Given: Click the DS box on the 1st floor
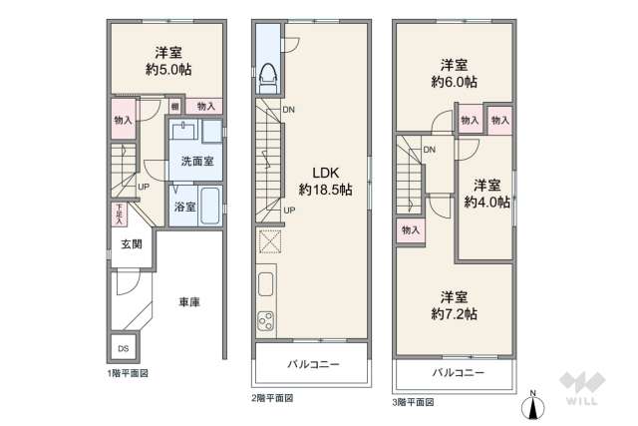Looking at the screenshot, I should [124, 349].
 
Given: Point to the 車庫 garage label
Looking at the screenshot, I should [189, 301].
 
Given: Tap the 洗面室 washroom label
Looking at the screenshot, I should [194, 161].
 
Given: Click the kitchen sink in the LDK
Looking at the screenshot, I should [266, 284].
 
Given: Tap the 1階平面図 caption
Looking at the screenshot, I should [129, 373].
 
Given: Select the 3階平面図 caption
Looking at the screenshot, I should [416, 401].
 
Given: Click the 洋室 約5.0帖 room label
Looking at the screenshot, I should [166, 61].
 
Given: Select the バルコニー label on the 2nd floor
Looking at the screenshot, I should [314, 365].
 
